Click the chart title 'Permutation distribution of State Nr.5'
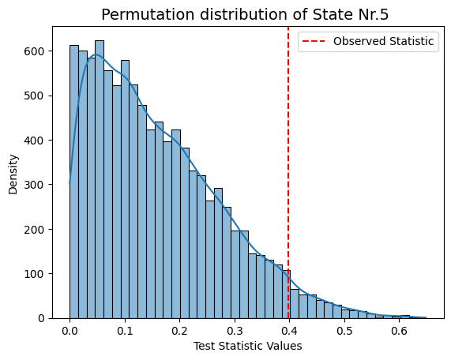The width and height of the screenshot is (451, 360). coord(245,14)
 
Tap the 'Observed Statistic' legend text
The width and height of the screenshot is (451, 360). coord(383,41)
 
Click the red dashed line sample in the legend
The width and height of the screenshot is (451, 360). coord(314,41)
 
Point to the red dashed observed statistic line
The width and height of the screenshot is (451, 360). coord(288,173)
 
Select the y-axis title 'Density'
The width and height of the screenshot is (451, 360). coord(13,174)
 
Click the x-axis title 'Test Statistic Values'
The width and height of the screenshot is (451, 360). coord(248,346)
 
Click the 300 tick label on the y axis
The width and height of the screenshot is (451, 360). coord(34,185)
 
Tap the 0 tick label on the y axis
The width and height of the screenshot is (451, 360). coord(41,318)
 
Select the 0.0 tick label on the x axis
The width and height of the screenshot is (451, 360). coord(70,332)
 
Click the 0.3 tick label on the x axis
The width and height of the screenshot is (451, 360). coord(235,332)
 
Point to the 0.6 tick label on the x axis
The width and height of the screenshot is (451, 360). coord(400,332)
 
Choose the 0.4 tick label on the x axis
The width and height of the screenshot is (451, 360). coord(290,332)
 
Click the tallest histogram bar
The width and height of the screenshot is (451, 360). coord(100,179)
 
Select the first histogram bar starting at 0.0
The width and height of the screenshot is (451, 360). coord(74,182)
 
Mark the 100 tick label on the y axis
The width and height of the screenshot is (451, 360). coord(34,274)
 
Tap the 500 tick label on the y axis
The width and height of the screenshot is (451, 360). coord(34,96)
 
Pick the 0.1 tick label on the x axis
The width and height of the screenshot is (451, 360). coord(125,332)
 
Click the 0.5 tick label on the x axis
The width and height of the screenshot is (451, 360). coord(344,332)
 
